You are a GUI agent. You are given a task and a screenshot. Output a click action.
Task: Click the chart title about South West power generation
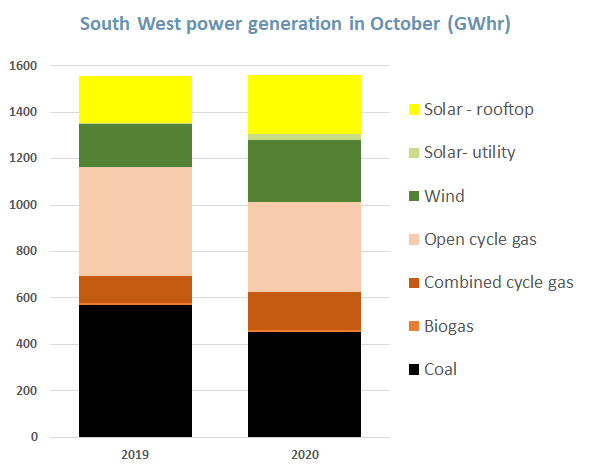click(x=295, y=22)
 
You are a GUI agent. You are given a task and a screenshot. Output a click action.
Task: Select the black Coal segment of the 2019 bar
click(x=135, y=371)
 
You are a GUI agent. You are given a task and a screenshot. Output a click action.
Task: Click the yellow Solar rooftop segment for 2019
click(x=135, y=100)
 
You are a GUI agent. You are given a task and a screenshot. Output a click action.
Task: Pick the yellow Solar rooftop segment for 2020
click(x=304, y=104)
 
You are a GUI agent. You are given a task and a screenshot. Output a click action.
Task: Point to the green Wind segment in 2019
click(x=135, y=145)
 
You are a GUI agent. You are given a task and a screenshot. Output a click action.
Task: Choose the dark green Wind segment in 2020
click(x=304, y=171)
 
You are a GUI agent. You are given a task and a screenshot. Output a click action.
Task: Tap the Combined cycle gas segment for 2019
click(x=135, y=289)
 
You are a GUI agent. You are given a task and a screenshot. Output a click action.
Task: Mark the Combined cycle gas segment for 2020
click(x=304, y=310)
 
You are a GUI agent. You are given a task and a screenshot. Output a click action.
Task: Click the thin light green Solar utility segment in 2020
click(x=304, y=137)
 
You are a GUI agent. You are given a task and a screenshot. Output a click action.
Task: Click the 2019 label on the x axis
click(x=135, y=455)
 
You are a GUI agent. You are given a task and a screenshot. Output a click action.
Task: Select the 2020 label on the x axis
click(x=304, y=455)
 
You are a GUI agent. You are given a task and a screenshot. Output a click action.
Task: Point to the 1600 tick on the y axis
click(x=22, y=66)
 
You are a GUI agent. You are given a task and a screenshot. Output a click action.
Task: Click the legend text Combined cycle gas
click(x=498, y=283)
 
